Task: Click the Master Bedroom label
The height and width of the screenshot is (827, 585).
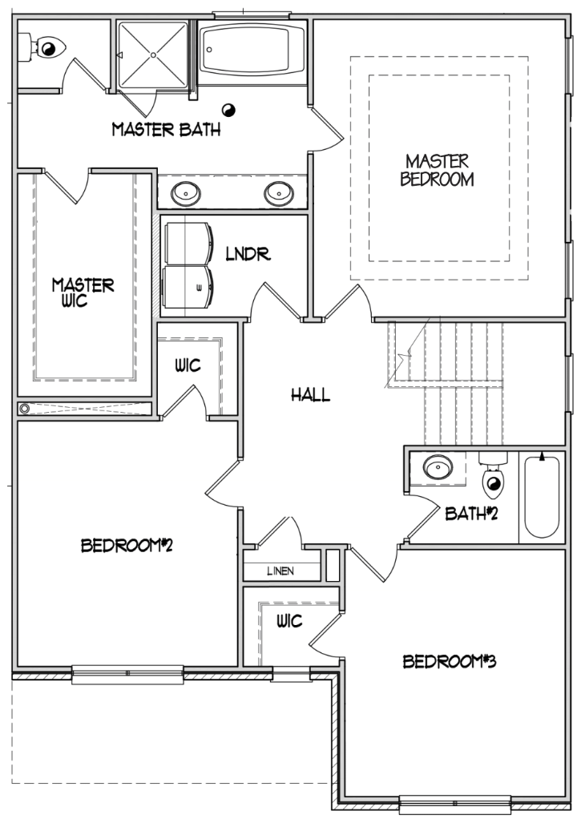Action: (437, 171)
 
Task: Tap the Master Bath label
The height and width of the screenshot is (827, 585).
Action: (166, 129)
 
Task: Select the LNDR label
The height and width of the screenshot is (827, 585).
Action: (248, 255)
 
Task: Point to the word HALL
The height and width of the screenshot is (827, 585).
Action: (310, 394)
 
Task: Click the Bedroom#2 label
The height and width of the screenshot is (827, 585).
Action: (127, 546)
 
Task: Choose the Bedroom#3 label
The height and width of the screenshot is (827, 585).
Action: (450, 662)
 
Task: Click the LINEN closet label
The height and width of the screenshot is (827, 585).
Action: (280, 571)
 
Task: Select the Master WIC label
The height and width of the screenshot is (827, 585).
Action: (83, 292)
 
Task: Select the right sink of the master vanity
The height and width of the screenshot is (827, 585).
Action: (278, 192)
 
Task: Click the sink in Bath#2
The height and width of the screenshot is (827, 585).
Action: (438, 468)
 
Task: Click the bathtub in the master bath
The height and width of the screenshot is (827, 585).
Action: (252, 50)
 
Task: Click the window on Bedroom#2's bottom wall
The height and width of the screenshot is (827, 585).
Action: (127, 674)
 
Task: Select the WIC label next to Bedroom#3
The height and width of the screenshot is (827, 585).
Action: (288, 621)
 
